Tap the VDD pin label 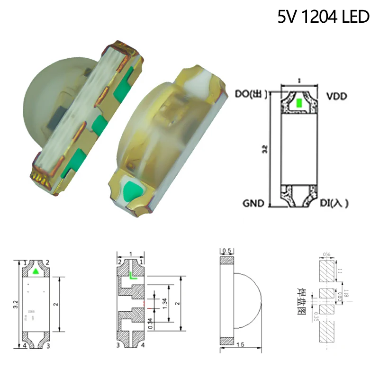click(336, 96)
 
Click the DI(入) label click(335, 203)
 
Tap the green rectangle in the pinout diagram click(298, 103)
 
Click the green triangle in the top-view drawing click(36, 272)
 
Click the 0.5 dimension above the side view click(226, 251)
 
